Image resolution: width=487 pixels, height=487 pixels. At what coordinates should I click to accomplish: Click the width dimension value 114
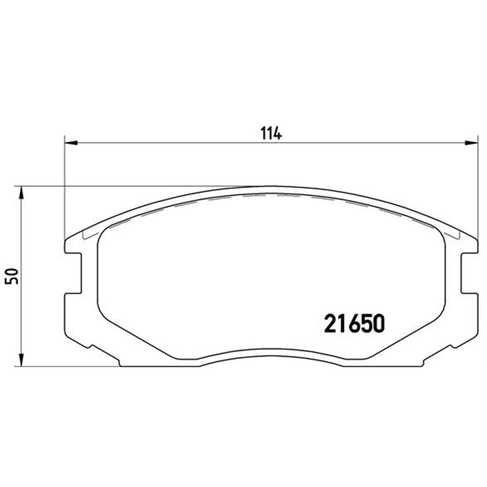(x=272, y=134)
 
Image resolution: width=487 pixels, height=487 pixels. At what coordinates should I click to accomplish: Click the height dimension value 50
(x=14, y=276)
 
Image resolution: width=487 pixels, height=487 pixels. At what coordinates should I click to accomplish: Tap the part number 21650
(x=354, y=324)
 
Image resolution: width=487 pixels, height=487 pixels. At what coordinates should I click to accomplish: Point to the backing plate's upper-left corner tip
(x=65, y=239)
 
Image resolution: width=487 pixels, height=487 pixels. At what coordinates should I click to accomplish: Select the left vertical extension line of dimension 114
(x=64, y=189)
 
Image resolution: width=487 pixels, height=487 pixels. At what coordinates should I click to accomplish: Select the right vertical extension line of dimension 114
(x=478, y=189)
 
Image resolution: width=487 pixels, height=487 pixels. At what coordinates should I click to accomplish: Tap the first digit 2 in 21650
(x=331, y=324)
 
